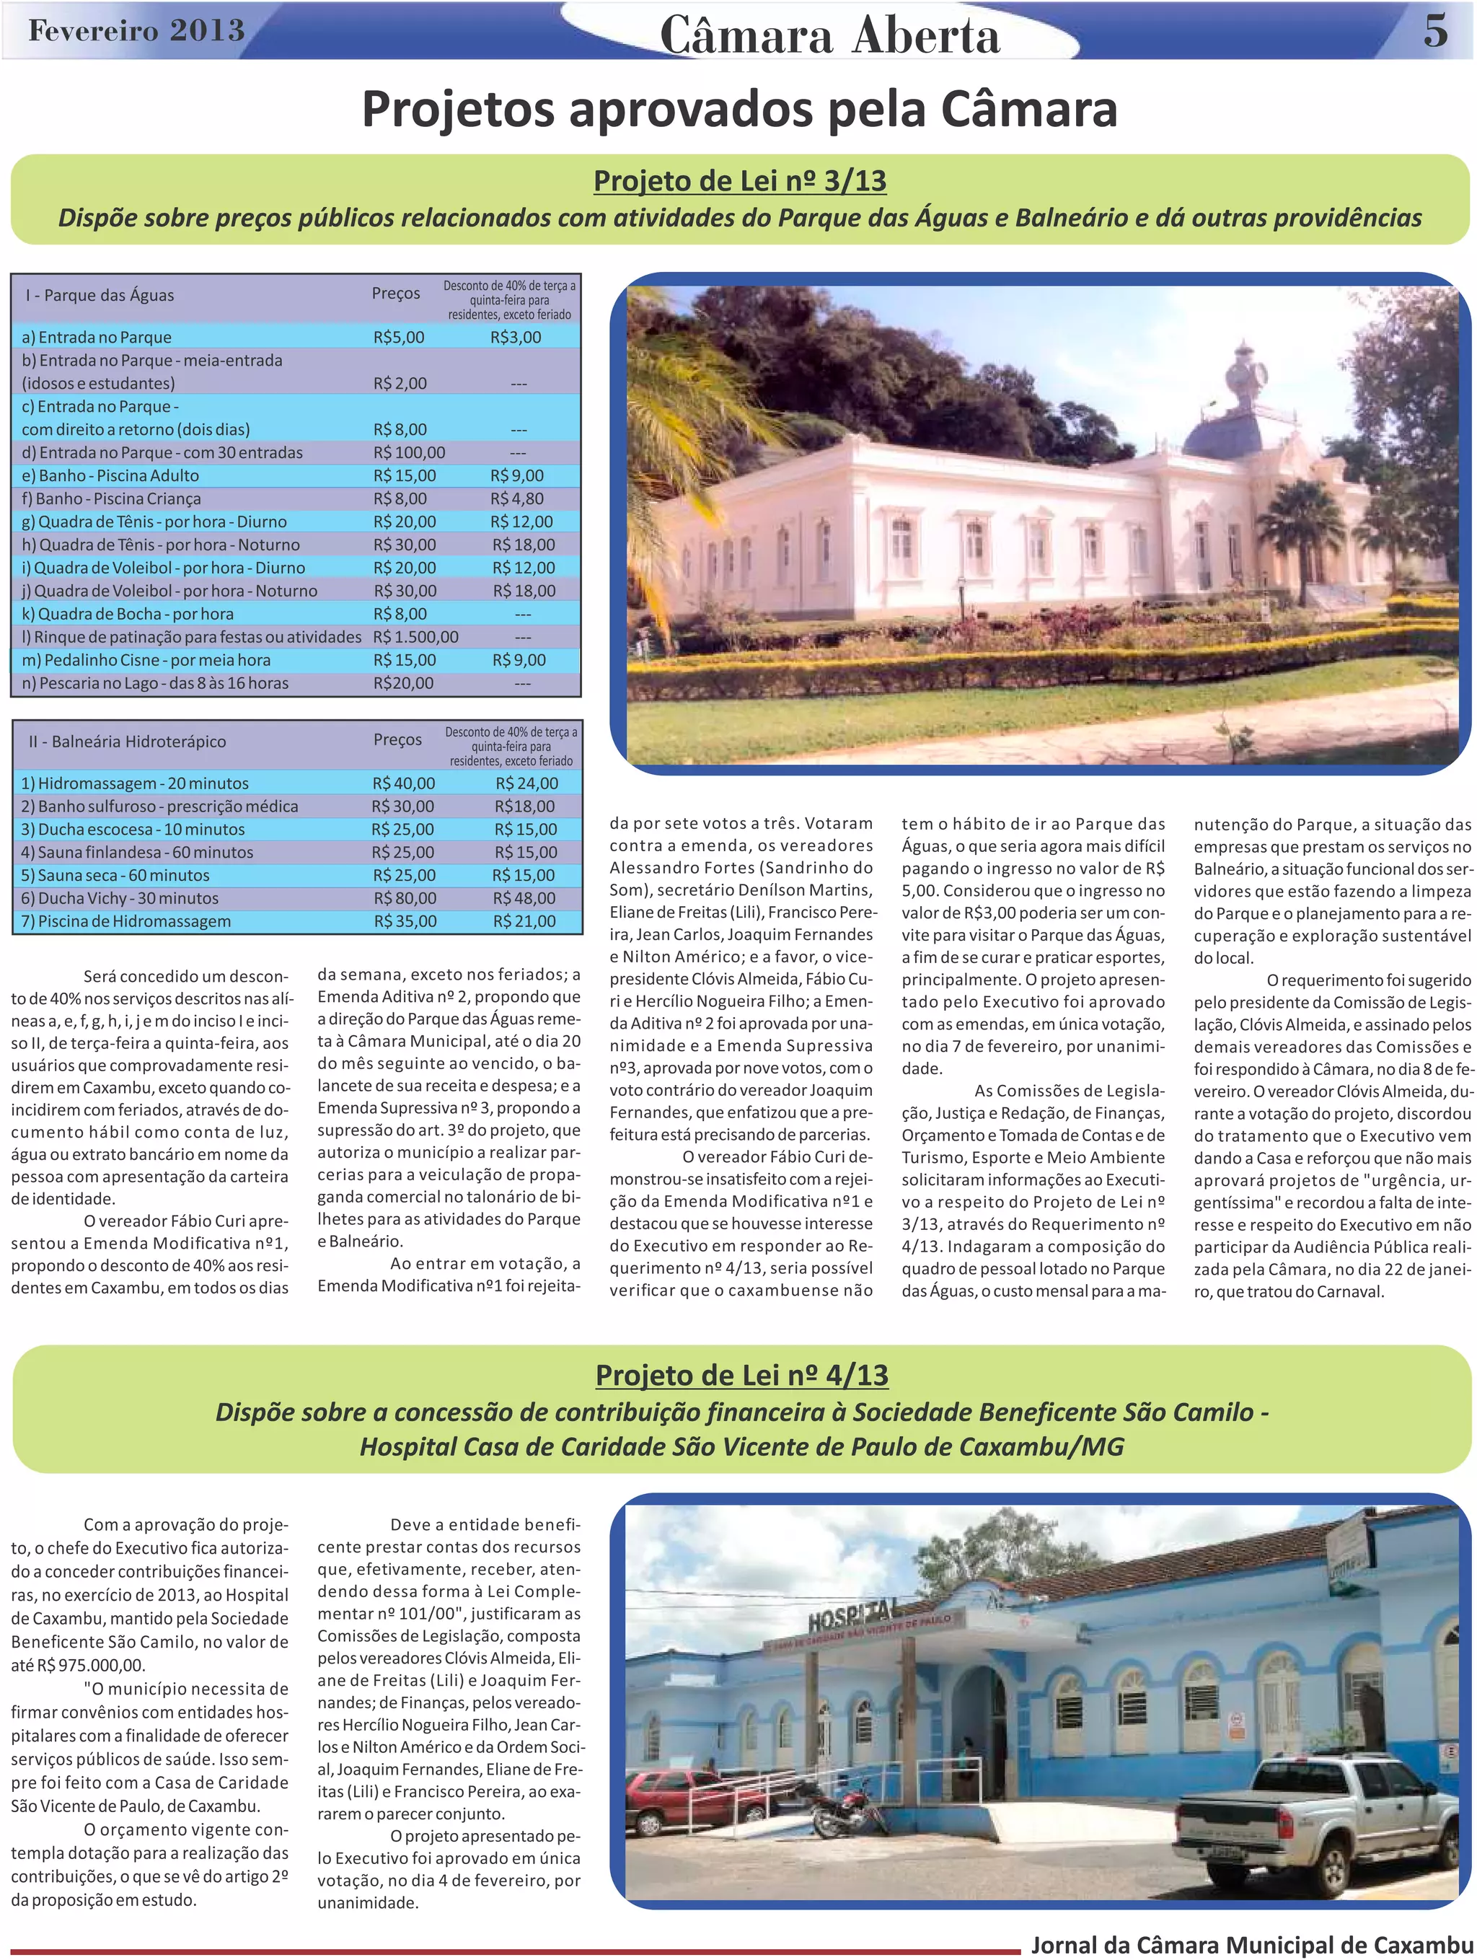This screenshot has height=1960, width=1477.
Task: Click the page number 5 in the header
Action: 1435,32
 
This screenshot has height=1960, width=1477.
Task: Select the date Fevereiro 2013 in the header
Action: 136,31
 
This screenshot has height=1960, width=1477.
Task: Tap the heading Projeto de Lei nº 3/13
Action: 740,181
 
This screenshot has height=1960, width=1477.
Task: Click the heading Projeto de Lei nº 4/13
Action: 741,1374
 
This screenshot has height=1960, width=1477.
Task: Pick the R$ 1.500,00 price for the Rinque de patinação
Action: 415,637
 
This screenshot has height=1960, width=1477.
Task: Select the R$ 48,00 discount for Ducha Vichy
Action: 524,898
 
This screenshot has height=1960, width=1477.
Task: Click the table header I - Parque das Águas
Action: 100,295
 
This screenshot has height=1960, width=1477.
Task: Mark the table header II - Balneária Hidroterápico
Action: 127,742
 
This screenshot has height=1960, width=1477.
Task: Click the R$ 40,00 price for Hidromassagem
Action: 403,783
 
